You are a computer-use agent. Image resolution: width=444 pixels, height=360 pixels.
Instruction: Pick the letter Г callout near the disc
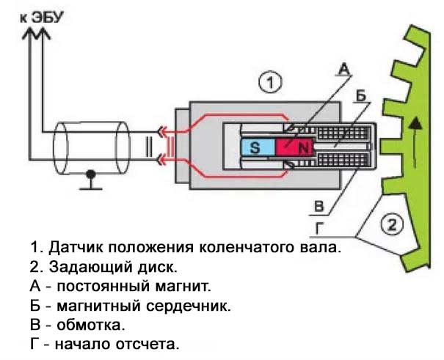[x=318, y=228]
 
